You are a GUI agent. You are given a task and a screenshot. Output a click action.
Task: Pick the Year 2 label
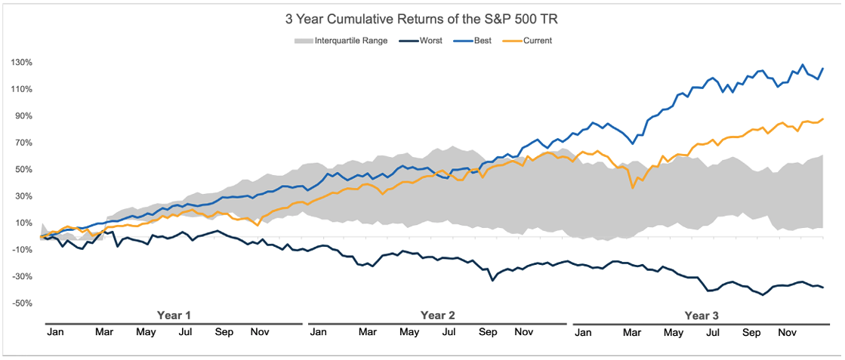tap(437, 315)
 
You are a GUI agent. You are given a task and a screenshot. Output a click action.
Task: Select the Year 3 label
tap(702, 315)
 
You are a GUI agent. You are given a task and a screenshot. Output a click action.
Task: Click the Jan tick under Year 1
tap(54, 332)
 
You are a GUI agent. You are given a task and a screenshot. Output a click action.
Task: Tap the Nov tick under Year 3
tap(788, 332)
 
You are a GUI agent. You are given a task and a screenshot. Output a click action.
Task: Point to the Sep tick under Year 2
tap(488, 332)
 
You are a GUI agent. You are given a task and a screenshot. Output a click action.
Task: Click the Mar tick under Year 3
tap(632, 332)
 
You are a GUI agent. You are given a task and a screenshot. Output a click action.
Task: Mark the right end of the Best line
tap(823, 69)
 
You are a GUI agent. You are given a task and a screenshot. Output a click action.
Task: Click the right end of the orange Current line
tap(823, 118)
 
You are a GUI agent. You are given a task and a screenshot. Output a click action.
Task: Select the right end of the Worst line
tap(823, 288)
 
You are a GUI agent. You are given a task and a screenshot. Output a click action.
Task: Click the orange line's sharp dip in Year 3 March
tap(633, 188)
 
